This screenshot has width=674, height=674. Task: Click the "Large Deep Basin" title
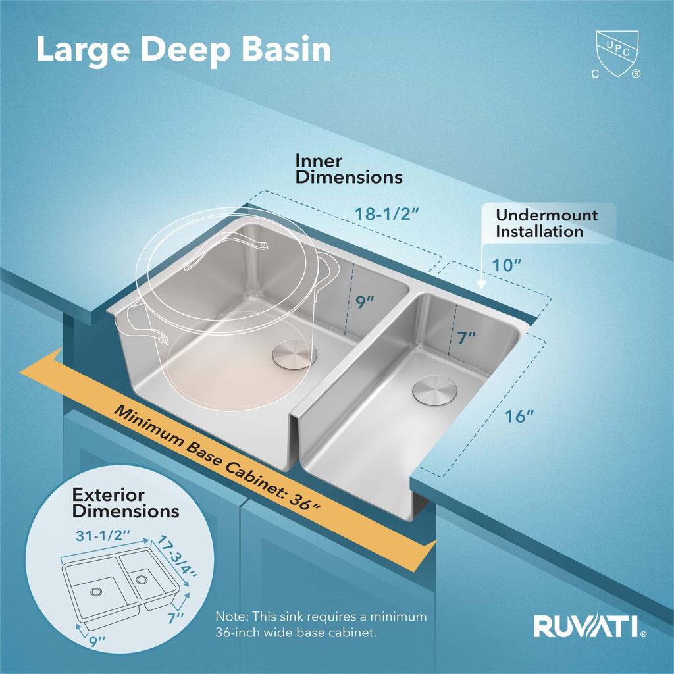[184, 51]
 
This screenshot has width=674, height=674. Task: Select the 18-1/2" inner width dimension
[386, 214]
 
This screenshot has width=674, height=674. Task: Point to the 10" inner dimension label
[506, 265]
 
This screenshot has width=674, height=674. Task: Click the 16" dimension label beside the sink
[519, 416]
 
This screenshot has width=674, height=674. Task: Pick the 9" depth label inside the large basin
[365, 302]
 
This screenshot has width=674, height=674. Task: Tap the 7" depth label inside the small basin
[467, 338]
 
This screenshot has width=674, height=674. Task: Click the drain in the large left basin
[294, 353]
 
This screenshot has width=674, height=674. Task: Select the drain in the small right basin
[434, 390]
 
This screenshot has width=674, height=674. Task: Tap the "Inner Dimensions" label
[349, 169]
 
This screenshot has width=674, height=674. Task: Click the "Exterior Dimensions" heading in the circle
[126, 503]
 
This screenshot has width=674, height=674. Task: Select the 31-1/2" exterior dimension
[103, 536]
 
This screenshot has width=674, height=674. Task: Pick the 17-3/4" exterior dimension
[176, 557]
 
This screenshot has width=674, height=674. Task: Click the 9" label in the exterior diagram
[97, 641]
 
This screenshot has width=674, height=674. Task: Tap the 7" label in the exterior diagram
[175, 618]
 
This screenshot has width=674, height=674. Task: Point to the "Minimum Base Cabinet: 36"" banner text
[217, 458]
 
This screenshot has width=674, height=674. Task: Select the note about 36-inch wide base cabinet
[321, 625]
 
